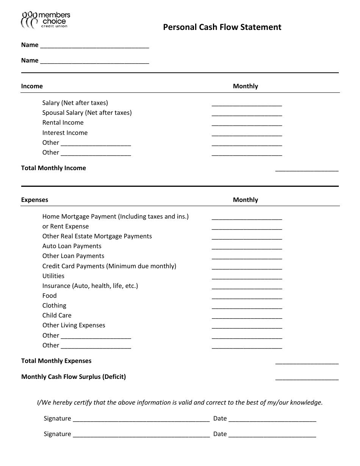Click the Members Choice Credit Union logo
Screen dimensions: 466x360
pyautogui.click(x=45, y=20)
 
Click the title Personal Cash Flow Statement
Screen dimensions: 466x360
pyautogui.click(x=222, y=27)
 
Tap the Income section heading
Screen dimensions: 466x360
pyautogui.click(x=32, y=86)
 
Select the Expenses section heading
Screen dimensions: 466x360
pyautogui.click(x=34, y=200)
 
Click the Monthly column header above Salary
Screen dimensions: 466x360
pyautogui.click(x=245, y=86)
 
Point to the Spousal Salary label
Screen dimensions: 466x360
pyautogui.click(x=87, y=113)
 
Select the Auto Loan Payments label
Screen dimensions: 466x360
pyautogui.click(x=72, y=246)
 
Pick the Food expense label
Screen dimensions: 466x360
pyautogui.click(x=49, y=296)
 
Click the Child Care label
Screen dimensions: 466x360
pyautogui.click(x=57, y=316)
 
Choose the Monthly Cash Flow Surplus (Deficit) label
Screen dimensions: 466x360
pyautogui.click(x=74, y=377)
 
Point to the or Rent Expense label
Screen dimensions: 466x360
pyautogui.click(x=66, y=227)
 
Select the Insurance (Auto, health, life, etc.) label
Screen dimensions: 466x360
pyautogui.click(x=90, y=286)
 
